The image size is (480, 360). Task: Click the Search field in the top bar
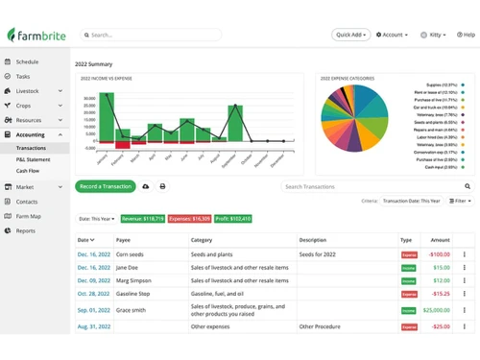point(154,35)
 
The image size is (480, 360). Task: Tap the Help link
point(466,35)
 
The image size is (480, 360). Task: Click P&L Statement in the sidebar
point(35,159)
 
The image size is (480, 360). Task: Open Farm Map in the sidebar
point(29,216)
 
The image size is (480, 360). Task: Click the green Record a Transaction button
point(106,186)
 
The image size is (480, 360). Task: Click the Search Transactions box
point(374,186)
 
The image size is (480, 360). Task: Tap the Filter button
point(461,201)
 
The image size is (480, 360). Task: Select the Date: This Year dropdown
point(96,219)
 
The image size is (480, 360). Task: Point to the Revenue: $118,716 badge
point(143,219)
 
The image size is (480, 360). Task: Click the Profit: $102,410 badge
point(233,219)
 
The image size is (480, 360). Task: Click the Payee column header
point(124,240)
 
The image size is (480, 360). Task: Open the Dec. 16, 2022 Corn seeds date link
point(93,254)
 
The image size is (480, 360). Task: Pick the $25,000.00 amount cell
point(436,310)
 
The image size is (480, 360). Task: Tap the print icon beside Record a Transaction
point(162,186)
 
